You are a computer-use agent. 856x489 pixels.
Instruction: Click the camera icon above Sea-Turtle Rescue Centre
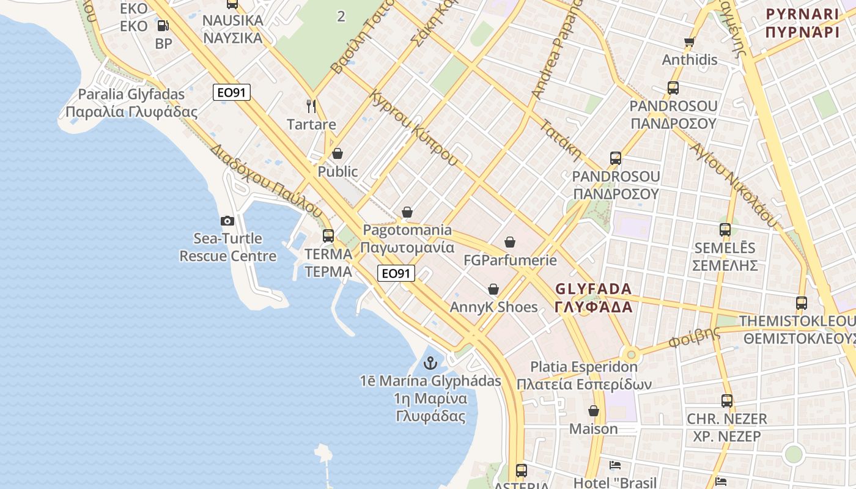pyautogui.click(x=227, y=221)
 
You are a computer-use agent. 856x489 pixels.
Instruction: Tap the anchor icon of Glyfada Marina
pyautogui.click(x=431, y=363)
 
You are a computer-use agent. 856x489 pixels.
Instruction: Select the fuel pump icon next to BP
pyautogui.click(x=163, y=26)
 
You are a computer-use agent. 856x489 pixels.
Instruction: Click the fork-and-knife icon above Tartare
pyautogui.click(x=311, y=106)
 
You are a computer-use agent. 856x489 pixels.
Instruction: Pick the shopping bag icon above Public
pyautogui.click(x=338, y=153)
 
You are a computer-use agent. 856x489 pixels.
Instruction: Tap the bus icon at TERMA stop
pyautogui.click(x=328, y=235)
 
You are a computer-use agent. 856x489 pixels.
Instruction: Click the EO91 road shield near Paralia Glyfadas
pyautogui.click(x=232, y=93)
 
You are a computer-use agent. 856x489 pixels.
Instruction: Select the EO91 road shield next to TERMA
pyautogui.click(x=396, y=273)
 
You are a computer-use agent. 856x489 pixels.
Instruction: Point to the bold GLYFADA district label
pyautogui.click(x=593, y=297)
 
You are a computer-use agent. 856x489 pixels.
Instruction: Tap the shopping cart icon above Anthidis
pyautogui.click(x=690, y=42)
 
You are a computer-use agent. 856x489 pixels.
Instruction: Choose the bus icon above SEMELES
pyautogui.click(x=725, y=230)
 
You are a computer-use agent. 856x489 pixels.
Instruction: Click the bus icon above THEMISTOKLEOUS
pyautogui.click(x=801, y=303)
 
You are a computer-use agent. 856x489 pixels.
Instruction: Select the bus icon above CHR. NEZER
pyautogui.click(x=726, y=401)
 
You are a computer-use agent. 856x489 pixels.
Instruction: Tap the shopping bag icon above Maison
pyautogui.click(x=594, y=411)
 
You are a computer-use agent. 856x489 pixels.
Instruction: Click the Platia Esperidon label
pyautogui.click(x=584, y=375)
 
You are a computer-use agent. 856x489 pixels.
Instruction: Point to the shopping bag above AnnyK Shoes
pyautogui.click(x=493, y=289)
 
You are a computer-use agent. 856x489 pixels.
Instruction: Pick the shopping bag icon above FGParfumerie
pyautogui.click(x=510, y=243)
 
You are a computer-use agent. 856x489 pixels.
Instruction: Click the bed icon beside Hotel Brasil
pyautogui.click(x=615, y=466)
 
